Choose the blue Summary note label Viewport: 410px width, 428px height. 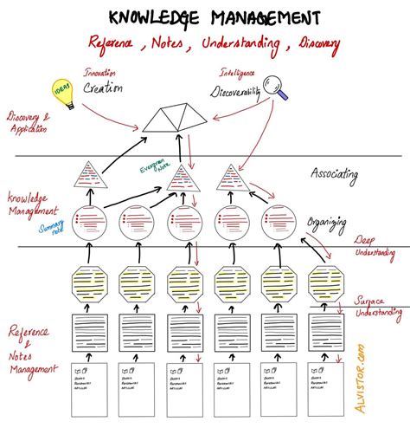coord(52,227)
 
